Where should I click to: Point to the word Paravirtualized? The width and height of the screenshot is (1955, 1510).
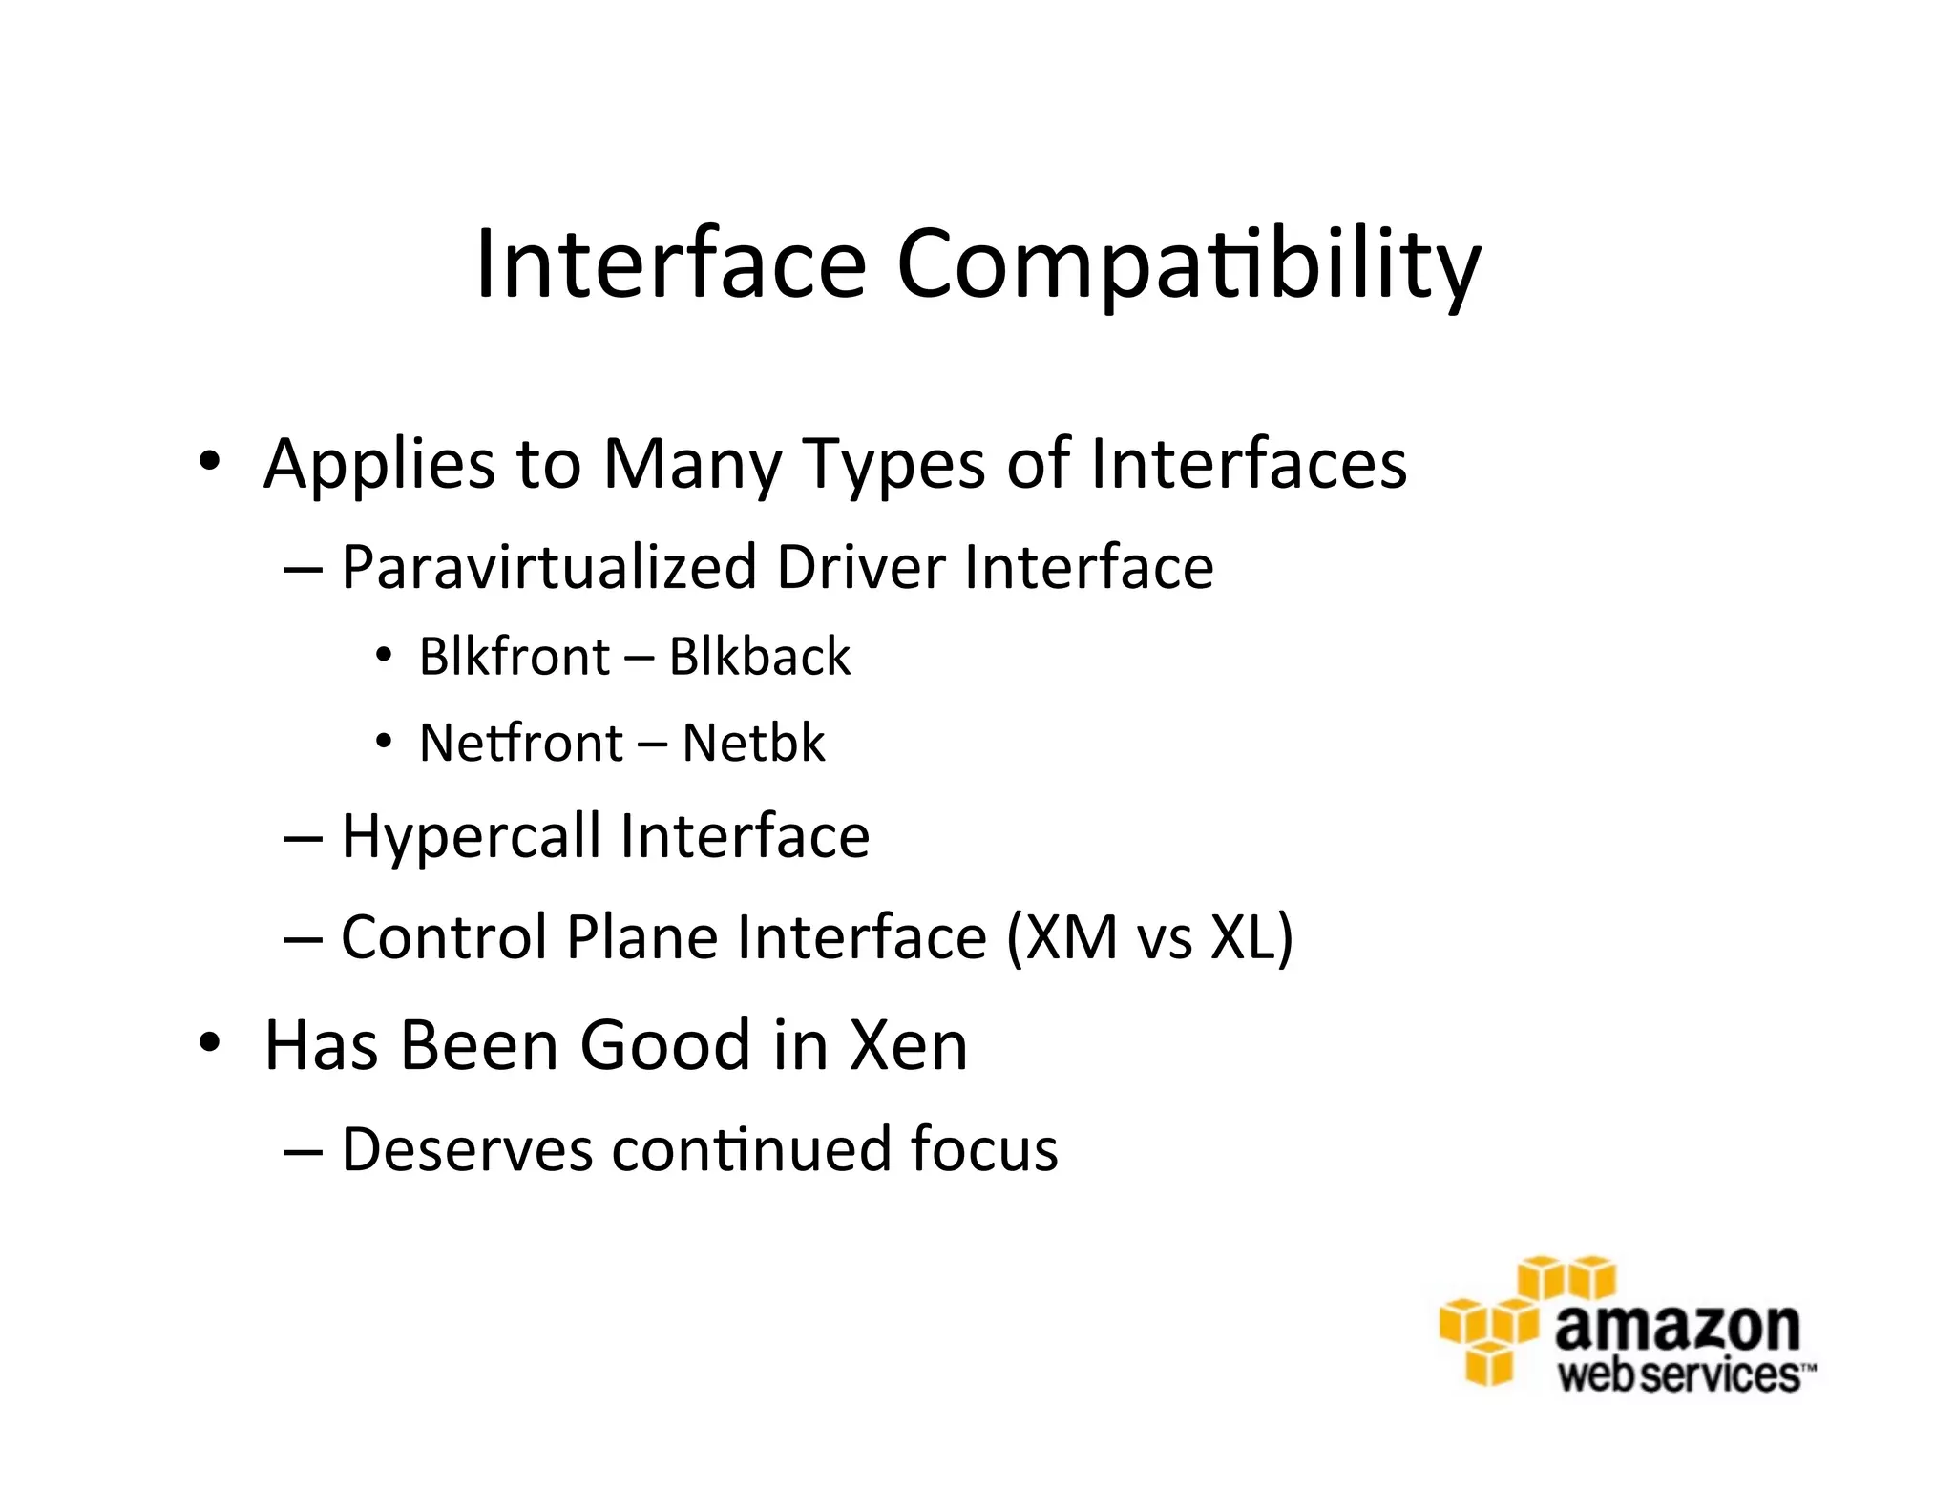point(550,567)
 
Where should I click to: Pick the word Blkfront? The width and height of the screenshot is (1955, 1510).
point(514,657)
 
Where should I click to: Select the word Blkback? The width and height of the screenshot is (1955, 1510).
point(759,657)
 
